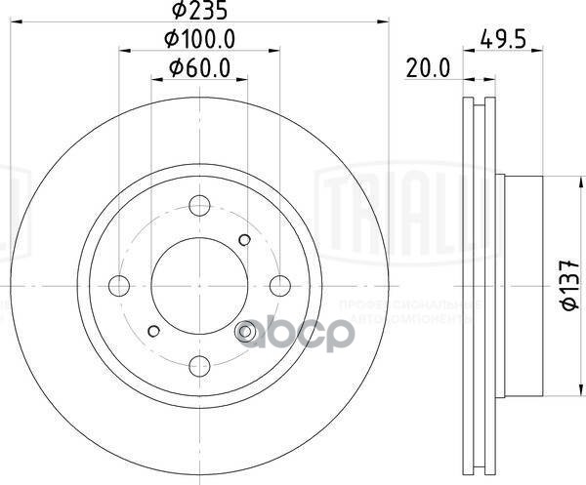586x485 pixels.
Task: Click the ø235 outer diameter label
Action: [199, 13]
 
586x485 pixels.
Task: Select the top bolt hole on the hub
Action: [200, 205]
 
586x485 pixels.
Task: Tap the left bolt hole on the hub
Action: [120, 285]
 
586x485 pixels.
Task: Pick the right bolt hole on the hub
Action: [280, 285]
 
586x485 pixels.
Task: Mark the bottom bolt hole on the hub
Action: [200, 365]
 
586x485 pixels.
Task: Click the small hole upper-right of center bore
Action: [245, 240]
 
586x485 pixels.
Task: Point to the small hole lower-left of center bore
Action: [154, 330]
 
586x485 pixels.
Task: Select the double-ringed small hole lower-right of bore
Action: [246, 332]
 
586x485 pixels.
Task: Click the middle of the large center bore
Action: [200, 285]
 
